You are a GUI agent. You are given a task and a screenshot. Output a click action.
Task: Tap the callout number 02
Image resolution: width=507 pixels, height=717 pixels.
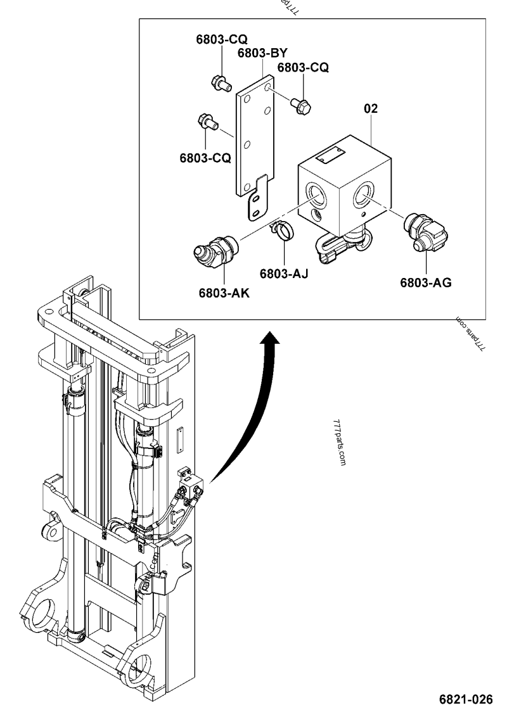(371, 109)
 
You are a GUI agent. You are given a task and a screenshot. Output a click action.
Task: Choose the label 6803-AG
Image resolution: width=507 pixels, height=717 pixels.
(425, 283)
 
